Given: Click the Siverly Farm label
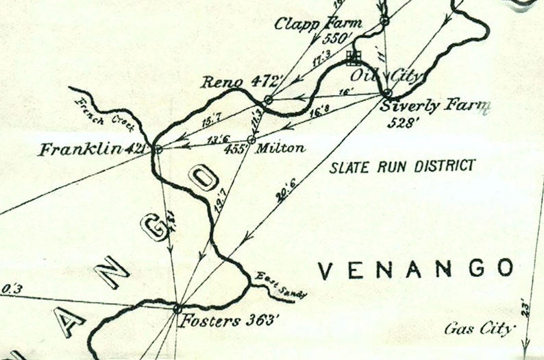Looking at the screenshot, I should point(436,106).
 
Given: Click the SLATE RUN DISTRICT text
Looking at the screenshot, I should point(402,165).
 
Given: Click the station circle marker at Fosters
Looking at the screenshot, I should point(177,309).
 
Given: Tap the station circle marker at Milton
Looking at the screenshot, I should point(251,140).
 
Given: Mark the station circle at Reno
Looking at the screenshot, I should point(269,100).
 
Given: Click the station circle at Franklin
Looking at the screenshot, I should point(158,149).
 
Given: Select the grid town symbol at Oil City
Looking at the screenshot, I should point(354,56).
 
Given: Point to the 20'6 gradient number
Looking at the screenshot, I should point(280,197).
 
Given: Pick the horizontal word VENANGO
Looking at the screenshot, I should point(417,269).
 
